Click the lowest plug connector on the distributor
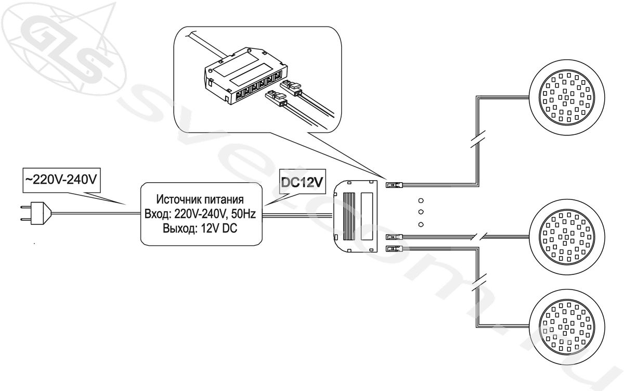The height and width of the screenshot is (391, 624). pyautogui.click(x=394, y=248)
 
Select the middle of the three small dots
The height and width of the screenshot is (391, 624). pyautogui.click(x=421, y=212)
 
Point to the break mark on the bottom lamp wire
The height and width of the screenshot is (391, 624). pyautogui.click(x=477, y=284)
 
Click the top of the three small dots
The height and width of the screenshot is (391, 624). pyautogui.click(x=421, y=200)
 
